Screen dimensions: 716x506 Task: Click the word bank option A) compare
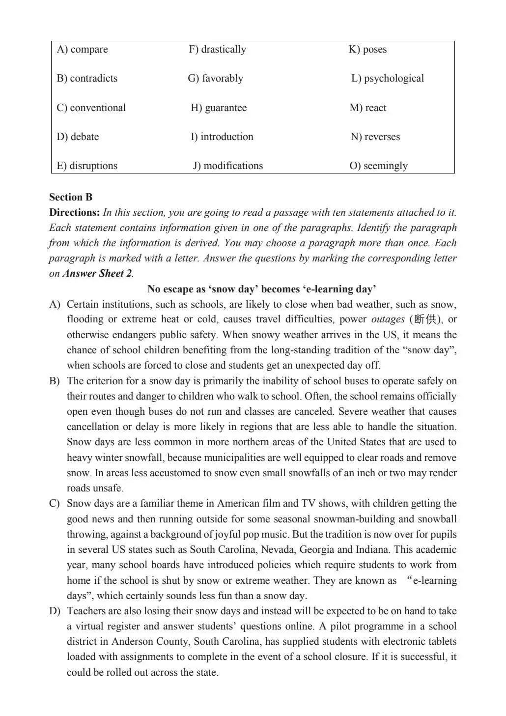click(x=82, y=50)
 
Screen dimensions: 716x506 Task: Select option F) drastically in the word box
click(x=217, y=50)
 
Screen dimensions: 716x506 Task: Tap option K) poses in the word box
click(x=367, y=50)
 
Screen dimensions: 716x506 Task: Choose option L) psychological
click(x=387, y=79)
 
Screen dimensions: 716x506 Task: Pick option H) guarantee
click(x=219, y=108)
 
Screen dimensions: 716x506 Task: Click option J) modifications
click(x=227, y=166)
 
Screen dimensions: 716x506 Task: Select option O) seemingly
click(x=378, y=166)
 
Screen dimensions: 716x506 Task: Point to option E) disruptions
click(x=87, y=166)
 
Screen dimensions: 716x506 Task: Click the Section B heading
click(x=71, y=198)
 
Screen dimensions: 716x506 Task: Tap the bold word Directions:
click(x=75, y=213)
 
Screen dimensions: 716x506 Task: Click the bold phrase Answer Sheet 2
click(x=97, y=274)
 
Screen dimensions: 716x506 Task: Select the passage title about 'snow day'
click(x=261, y=289)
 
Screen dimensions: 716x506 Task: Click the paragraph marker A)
click(x=55, y=305)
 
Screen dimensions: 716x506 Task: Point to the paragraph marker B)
click(x=55, y=381)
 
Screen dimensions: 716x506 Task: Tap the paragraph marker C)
click(x=55, y=504)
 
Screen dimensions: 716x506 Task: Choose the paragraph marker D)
click(x=55, y=611)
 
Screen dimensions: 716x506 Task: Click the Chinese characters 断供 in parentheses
click(x=425, y=319)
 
